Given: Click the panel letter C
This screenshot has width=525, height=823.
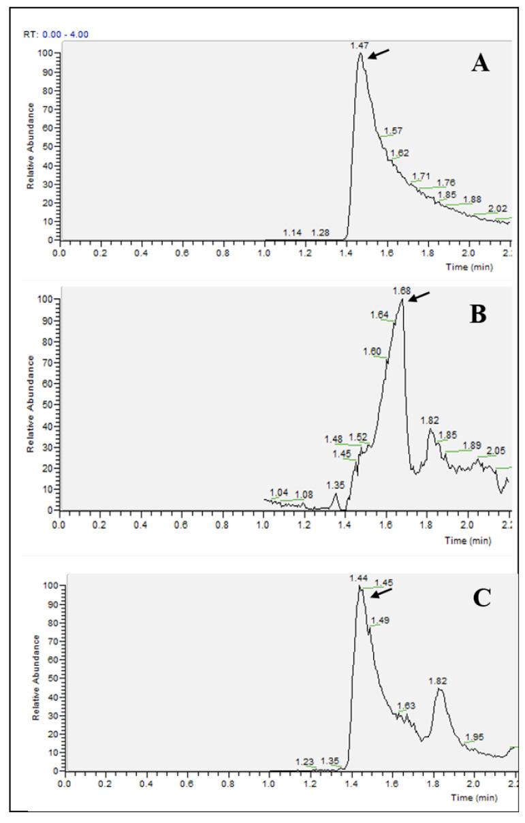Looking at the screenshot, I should pyautogui.click(x=481, y=600).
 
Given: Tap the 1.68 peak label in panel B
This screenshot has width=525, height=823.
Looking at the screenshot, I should pyautogui.click(x=401, y=291).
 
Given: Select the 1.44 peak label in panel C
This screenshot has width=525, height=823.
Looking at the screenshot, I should pyautogui.click(x=358, y=578).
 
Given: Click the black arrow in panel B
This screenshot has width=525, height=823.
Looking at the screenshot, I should pyautogui.click(x=419, y=297).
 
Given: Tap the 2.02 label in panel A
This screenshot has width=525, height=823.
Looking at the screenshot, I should pyautogui.click(x=498, y=208).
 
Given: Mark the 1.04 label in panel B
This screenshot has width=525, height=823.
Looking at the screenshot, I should pyautogui.click(x=279, y=492).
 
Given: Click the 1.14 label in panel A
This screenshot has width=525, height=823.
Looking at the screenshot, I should pyautogui.click(x=292, y=233).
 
